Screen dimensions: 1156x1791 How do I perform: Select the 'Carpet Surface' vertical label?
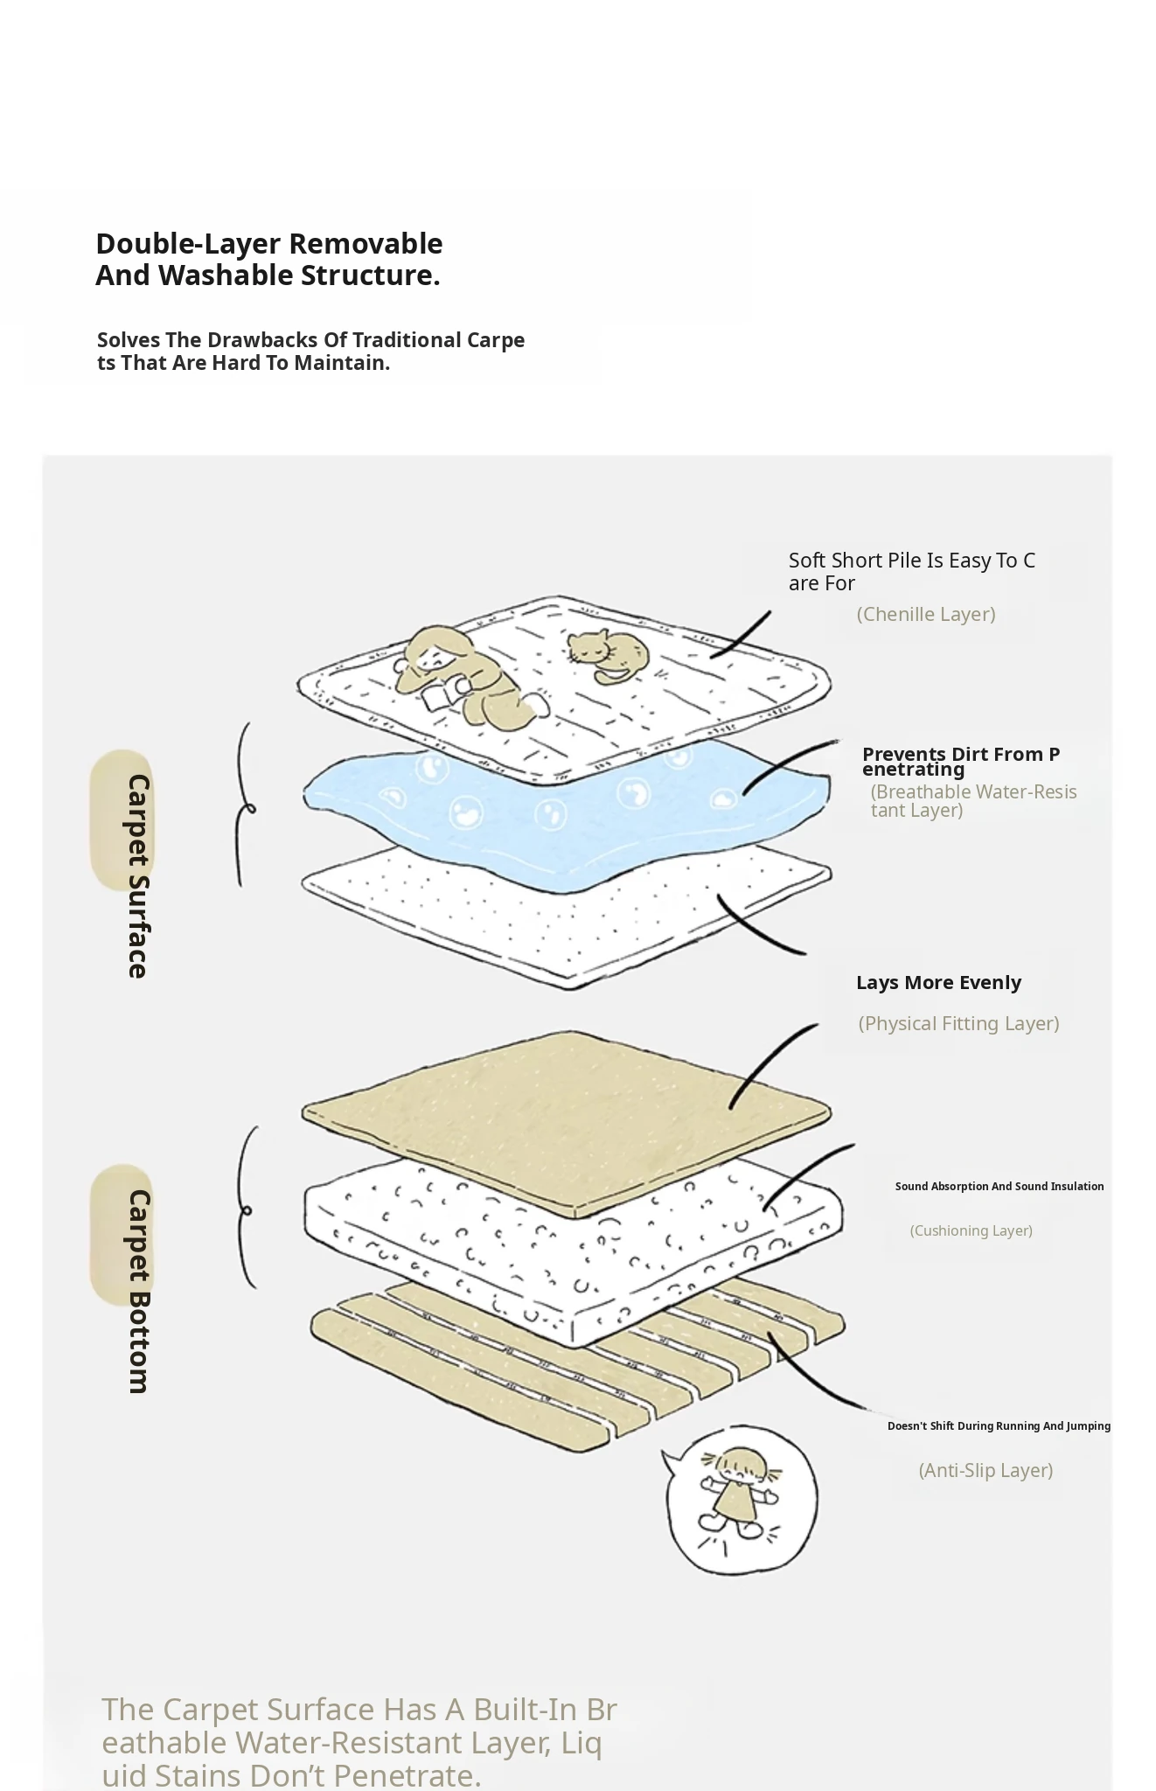[x=138, y=875]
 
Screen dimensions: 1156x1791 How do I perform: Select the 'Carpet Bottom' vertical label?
[x=138, y=1291]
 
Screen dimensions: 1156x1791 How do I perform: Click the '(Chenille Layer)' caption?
[x=926, y=614]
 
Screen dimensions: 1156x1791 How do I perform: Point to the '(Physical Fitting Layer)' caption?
[x=958, y=1023]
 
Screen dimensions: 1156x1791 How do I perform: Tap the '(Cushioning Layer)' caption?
[x=971, y=1230]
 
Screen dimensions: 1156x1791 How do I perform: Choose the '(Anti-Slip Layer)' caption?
[x=985, y=1470]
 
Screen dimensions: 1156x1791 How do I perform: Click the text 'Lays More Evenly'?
[x=938, y=982]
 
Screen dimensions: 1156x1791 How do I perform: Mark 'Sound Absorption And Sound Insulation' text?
[x=999, y=1186]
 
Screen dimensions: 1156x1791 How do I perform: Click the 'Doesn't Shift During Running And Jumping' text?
[x=999, y=1425]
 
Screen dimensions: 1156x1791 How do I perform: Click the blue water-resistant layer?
[x=567, y=809]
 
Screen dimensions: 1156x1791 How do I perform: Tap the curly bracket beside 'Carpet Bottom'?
[x=247, y=1208]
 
